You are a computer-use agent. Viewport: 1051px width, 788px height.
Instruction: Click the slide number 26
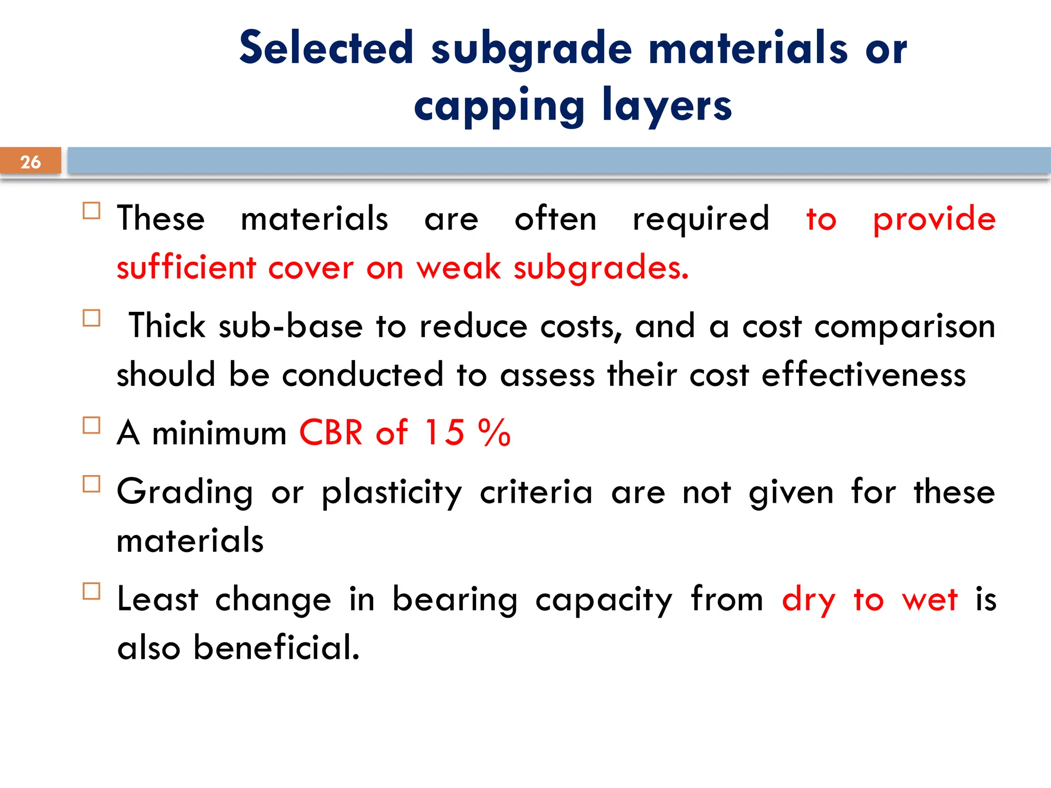[x=30, y=162]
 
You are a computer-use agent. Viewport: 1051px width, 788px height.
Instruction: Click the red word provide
[x=934, y=220]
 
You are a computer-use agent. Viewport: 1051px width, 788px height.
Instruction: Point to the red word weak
[x=458, y=268]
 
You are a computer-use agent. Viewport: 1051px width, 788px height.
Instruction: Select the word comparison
[x=905, y=327]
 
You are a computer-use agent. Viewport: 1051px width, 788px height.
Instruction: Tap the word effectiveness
[x=864, y=375]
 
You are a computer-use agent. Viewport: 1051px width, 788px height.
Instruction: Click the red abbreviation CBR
[x=331, y=432]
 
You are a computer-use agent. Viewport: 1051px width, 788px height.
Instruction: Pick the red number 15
[x=444, y=432]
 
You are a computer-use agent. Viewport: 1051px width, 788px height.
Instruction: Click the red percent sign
[x=494, y=432]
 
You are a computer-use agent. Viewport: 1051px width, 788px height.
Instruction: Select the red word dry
[x=809, y=600]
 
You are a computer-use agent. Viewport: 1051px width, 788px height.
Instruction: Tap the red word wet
[x=929, y=599]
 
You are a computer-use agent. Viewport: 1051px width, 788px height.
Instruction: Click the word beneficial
[x=277, y=647]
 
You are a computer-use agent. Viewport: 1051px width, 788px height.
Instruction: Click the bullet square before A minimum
[x=91, y=425]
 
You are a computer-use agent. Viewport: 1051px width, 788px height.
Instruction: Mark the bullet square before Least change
[x=91, y=591]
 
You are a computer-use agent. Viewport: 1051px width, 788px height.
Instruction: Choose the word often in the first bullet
[x=555, y=219]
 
